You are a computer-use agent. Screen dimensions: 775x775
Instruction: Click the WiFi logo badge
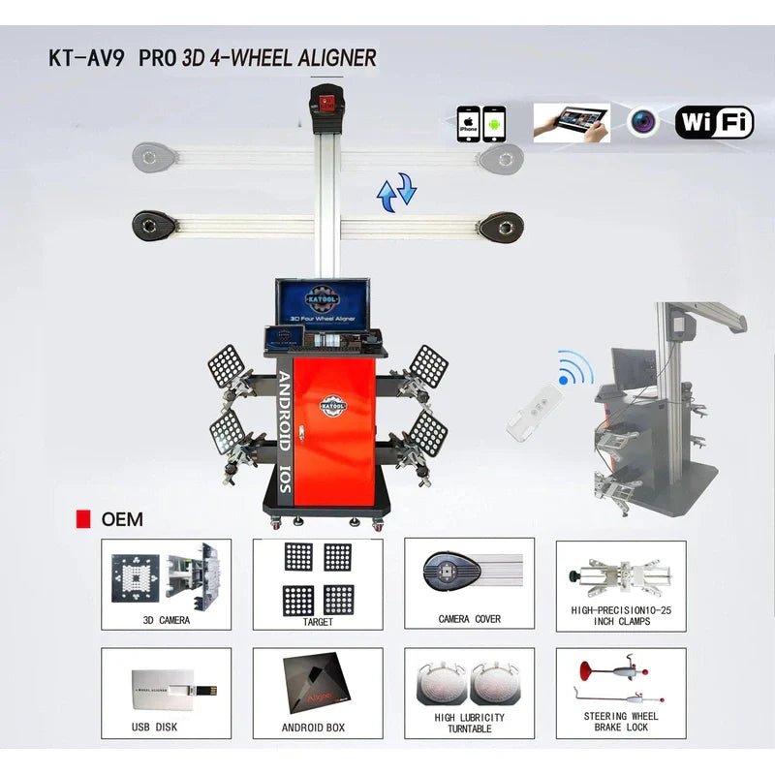point(714,122)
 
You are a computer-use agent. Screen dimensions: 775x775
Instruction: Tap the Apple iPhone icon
point(469,125)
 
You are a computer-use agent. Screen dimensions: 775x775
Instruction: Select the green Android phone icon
point(494,125)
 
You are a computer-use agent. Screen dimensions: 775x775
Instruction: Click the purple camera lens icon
point(642,122)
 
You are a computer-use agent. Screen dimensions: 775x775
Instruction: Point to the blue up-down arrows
point(396,191)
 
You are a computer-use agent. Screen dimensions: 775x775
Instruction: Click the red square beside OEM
point(83,519)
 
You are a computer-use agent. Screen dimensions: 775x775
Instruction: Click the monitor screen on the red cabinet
point(318,303)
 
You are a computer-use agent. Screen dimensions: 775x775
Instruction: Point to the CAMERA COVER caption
point(469,619)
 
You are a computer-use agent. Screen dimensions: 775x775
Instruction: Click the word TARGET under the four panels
point(318,621)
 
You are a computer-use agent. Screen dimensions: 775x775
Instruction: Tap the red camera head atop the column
point(326,100)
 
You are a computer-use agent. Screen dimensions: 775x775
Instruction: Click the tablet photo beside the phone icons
point(572,123)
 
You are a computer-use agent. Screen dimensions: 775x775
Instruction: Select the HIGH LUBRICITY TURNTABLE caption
point(469,723)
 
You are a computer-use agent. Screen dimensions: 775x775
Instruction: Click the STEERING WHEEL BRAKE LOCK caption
point(620,722)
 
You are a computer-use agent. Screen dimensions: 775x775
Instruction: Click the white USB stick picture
point(179,689)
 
